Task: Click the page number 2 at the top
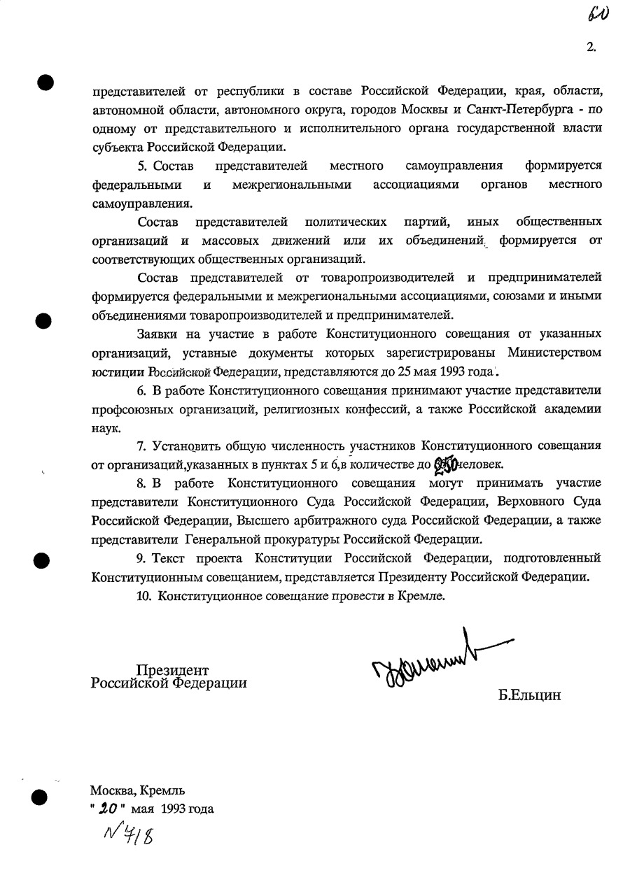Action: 591,48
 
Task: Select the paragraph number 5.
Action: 141,166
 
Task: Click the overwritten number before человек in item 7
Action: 445,464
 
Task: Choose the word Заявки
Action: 156,334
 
